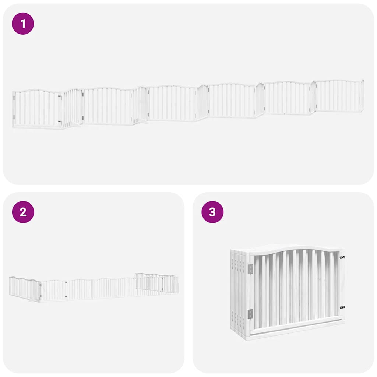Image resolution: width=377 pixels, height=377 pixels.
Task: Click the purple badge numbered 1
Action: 23,24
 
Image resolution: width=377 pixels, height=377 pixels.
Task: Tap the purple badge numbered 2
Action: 23,212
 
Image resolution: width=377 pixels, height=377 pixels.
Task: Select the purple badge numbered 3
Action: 212,212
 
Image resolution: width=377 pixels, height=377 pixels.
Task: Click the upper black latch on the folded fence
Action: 342,257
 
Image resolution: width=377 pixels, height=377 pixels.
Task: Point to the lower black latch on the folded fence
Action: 342,307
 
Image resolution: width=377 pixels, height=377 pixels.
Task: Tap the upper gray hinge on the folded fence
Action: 250,269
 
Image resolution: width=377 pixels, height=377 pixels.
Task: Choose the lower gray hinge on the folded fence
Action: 250,314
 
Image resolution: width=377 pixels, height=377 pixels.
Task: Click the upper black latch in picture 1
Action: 60,96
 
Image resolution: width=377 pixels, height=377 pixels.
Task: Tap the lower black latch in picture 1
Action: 60,121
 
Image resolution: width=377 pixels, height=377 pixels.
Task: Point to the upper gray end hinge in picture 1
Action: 14,98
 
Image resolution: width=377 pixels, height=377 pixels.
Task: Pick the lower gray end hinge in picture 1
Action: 14,117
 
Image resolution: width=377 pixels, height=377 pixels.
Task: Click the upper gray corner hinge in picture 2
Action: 40,285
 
